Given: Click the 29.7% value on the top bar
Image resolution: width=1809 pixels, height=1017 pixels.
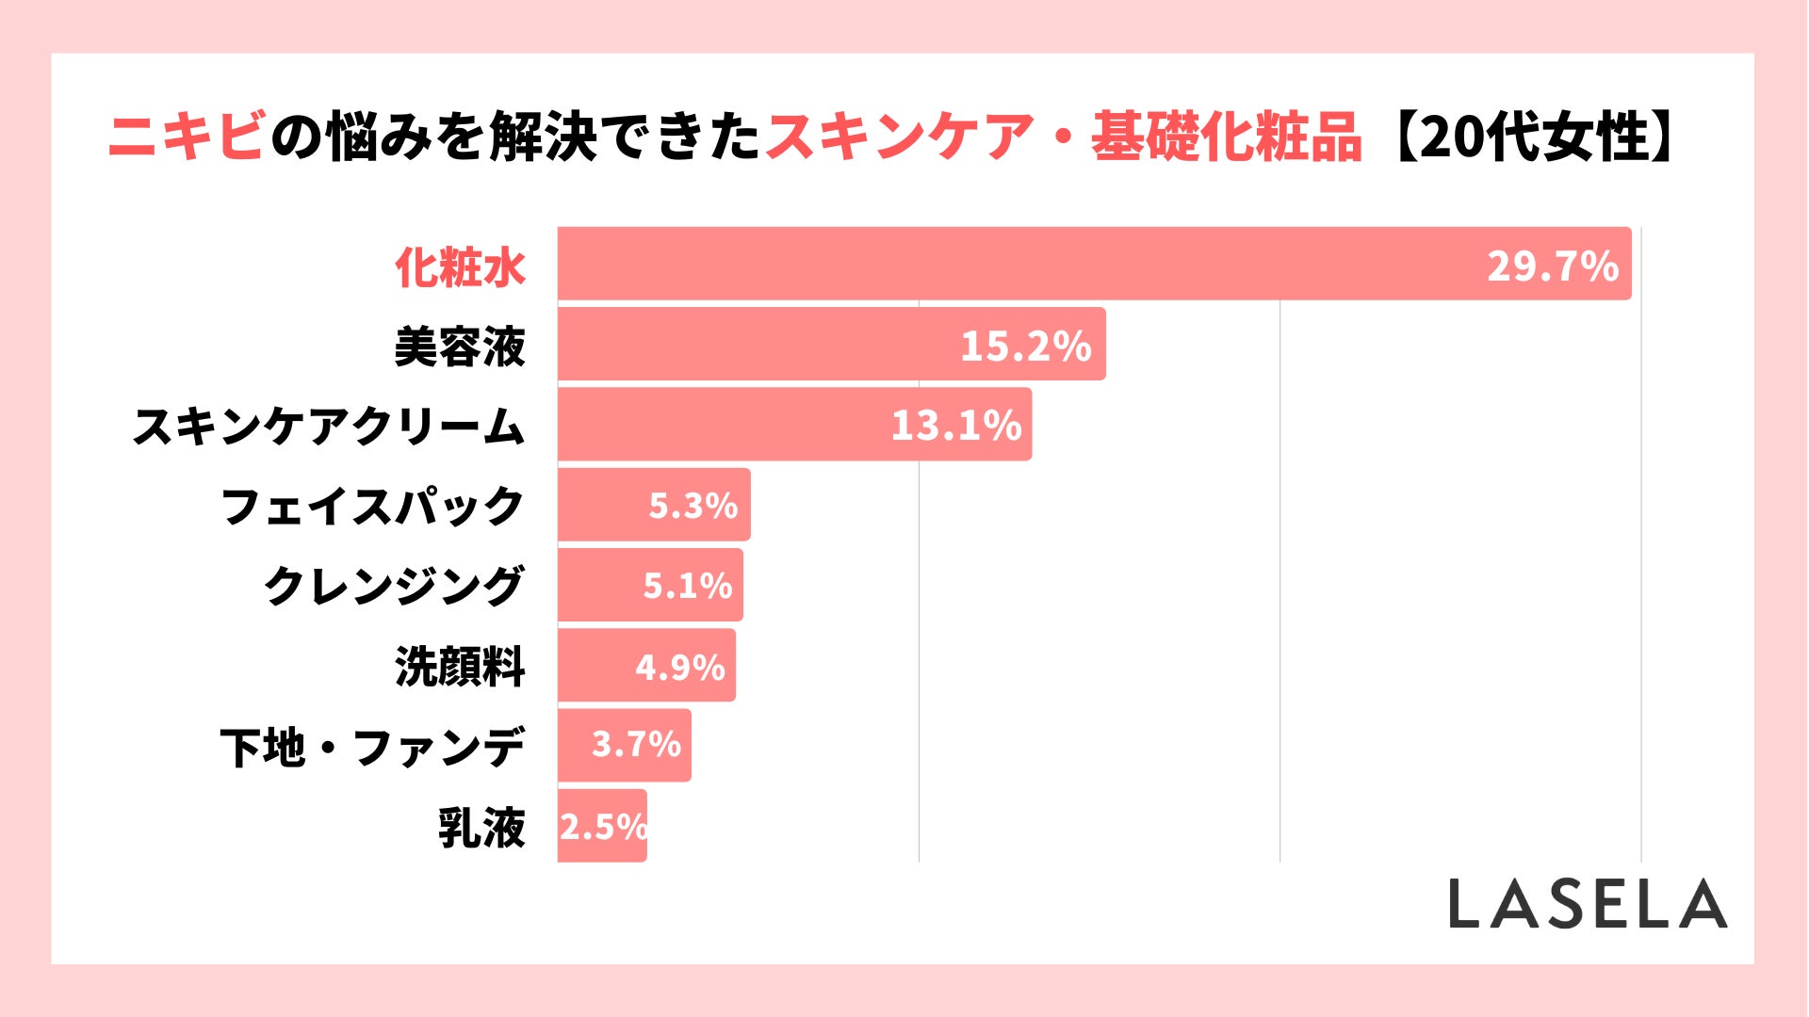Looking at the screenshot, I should (x=1552, y=266).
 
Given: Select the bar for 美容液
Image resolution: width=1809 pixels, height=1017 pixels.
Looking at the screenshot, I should (x=754, y=345).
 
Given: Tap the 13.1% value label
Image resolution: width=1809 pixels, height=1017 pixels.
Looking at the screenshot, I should (x=955, y=426).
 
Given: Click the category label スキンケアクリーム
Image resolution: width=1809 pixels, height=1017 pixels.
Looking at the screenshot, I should (x=328, y=427).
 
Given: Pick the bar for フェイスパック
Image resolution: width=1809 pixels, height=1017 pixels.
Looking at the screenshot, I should (x=603, y=506).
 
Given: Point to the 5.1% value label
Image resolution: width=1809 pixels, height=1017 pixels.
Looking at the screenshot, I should (x=687, y=586).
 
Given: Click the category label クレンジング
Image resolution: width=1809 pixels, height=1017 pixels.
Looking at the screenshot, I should (x=393, y=586).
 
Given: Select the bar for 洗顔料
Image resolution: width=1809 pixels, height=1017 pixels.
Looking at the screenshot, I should (x=594, y=666).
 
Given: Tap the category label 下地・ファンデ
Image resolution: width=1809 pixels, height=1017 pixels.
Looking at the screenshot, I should (x=372, y=748).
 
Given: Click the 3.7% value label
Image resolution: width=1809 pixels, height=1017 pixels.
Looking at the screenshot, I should (x=636, y=745).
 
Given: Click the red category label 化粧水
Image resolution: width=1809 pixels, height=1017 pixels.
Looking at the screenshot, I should (x=460, y=267).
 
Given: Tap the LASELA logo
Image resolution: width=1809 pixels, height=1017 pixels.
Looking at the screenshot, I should (x=1588, y=904).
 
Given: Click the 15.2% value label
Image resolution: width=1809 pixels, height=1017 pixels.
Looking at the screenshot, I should (x=1025, y=346).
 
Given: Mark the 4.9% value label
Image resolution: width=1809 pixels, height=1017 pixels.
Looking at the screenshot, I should (x=679, y=668).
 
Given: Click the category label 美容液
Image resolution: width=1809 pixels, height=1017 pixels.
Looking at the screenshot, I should (x=460, y=347).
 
